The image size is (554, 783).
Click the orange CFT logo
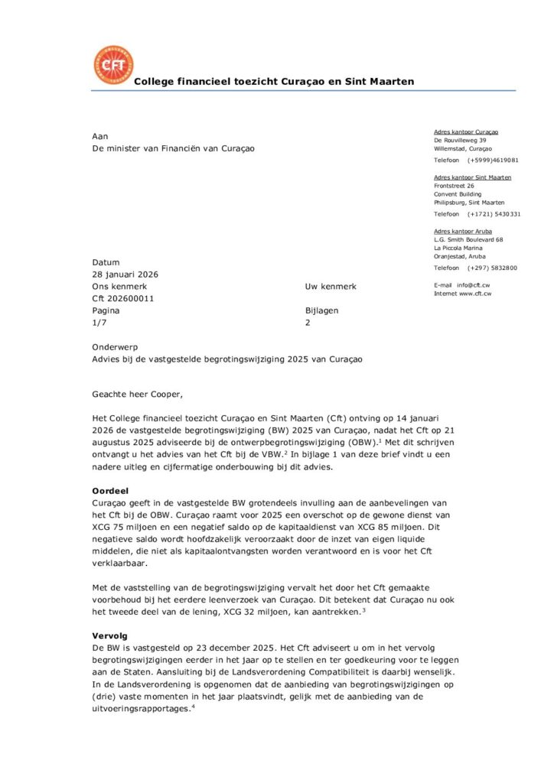[x=112, y=64]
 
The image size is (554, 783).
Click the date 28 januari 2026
[x=125, y=275]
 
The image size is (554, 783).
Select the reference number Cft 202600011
[x=123, y=299]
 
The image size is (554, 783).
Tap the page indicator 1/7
[x=99, y=323]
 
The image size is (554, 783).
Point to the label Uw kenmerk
[x=331, y=287]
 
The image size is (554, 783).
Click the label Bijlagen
[x=321, y=311]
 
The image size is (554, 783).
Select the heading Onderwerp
[x=115, y=346]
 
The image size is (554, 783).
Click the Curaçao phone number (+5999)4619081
[x=494, y=161]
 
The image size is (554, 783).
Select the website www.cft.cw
[x=475, y=294]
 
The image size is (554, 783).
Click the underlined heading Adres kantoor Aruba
[x=463, y=231]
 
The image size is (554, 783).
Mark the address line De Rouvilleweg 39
[x=460, y=141]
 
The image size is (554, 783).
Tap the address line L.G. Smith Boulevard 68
[x=468, y=239]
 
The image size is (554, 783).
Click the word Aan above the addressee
[x=99, y=136]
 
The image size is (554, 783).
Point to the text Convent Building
[x=458, y=193]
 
